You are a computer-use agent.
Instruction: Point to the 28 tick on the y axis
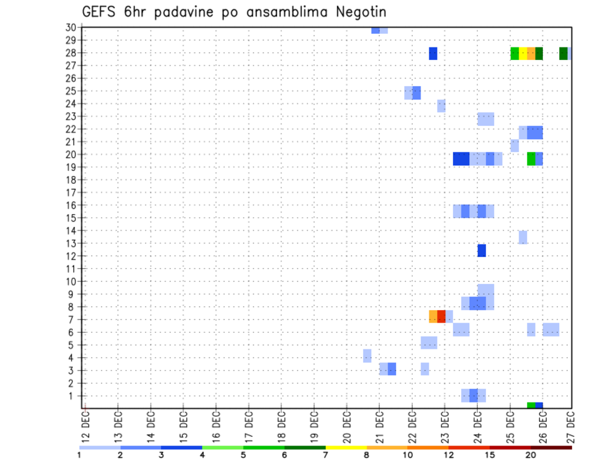click(71, 52)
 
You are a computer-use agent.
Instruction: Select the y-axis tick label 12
click(71, 256)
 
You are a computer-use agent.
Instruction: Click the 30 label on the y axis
click(71, 27)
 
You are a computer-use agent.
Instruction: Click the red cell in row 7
click(441, 316)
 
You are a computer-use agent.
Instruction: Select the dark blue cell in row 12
click(482, 250)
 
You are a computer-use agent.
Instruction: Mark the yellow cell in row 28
click(523, 54)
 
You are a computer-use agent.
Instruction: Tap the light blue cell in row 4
click(367, 356)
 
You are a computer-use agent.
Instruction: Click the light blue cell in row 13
click(523, 237)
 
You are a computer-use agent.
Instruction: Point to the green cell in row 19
click(531, 158)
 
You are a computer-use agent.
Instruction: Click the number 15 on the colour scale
click(490, 455)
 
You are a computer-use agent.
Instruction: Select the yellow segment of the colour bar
click(346, 447)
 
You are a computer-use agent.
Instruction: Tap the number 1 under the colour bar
click(79, 455)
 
